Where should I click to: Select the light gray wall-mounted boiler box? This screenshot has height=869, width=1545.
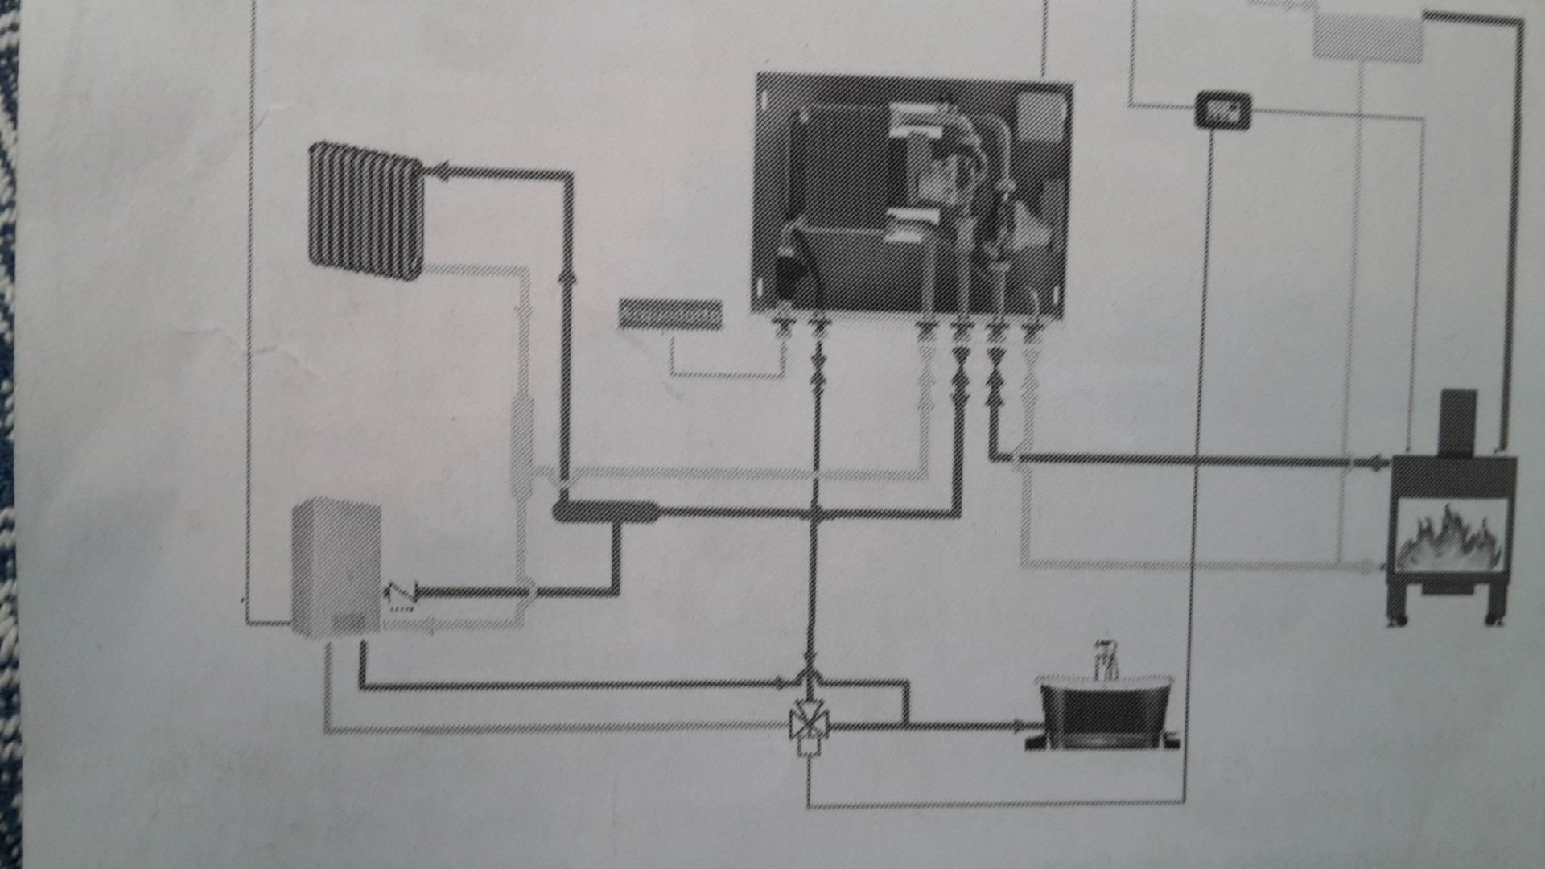tap(336, 567)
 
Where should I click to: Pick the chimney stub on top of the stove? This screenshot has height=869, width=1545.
tap(1458, 422)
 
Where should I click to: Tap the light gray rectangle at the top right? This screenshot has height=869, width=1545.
tap(1369, 36)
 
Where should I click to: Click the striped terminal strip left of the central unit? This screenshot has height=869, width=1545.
tap(670, 314)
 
